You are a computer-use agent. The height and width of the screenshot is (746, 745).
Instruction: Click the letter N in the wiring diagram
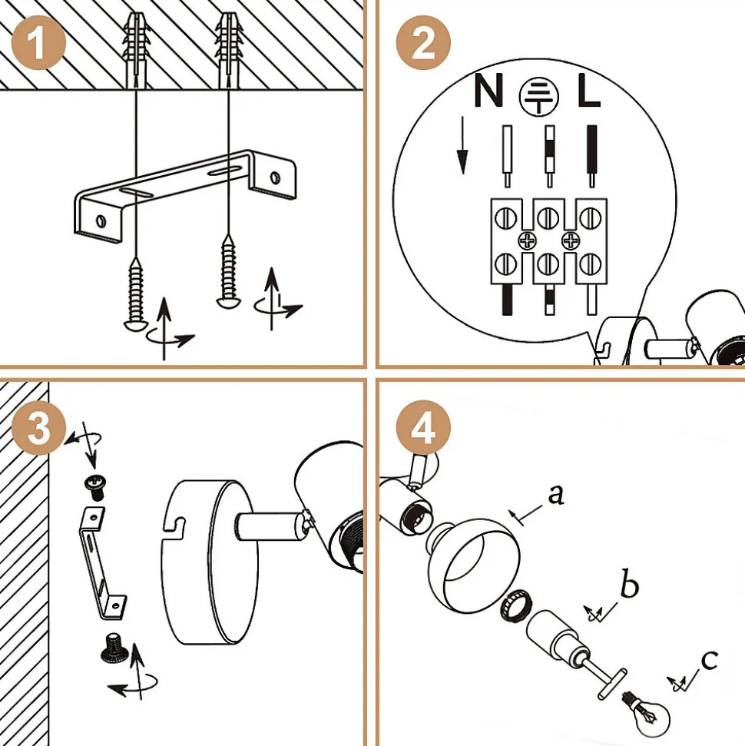[488, 92]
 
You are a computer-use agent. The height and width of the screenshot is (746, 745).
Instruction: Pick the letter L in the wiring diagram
[589, 92]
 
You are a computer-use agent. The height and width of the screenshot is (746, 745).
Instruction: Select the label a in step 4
[556, 494]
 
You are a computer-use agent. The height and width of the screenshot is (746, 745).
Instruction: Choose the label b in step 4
[629, 586]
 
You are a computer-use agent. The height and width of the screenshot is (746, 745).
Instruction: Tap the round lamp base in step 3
[204, 561]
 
